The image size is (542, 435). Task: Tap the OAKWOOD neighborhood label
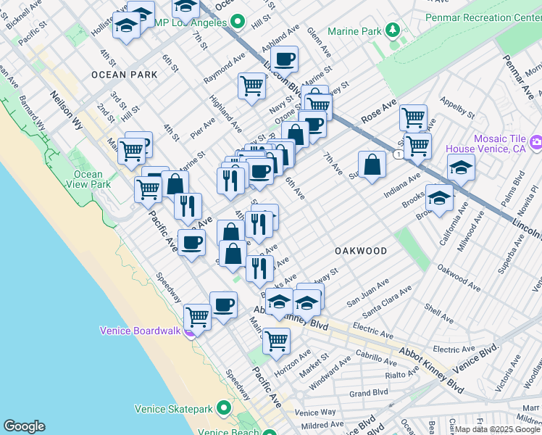pyautogui.click(x=360, y=250)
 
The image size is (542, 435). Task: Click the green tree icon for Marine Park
pyautogui.click(x=393, y=30)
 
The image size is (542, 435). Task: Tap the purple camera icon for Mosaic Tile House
pyautogui.click(x=535, y=139)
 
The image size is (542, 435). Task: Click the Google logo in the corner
pyautogui.click(x=24, y=426)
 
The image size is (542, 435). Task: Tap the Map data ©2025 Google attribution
pyautogui.click(x=497, y=429)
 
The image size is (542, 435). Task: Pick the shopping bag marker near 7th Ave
pyautogui.click(x=372, y=164)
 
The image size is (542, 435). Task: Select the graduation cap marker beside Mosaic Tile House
pyautogui.click(x=461, y=167)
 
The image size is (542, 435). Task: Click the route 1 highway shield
pyautogui.click(x=398, y=154)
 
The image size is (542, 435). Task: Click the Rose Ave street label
pyautogui.click(x=380, y=110)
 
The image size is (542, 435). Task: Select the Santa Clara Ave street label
pyautogui.click(x=388, y=299)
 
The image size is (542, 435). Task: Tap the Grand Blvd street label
pyautogui.click(x=369, y=394)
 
